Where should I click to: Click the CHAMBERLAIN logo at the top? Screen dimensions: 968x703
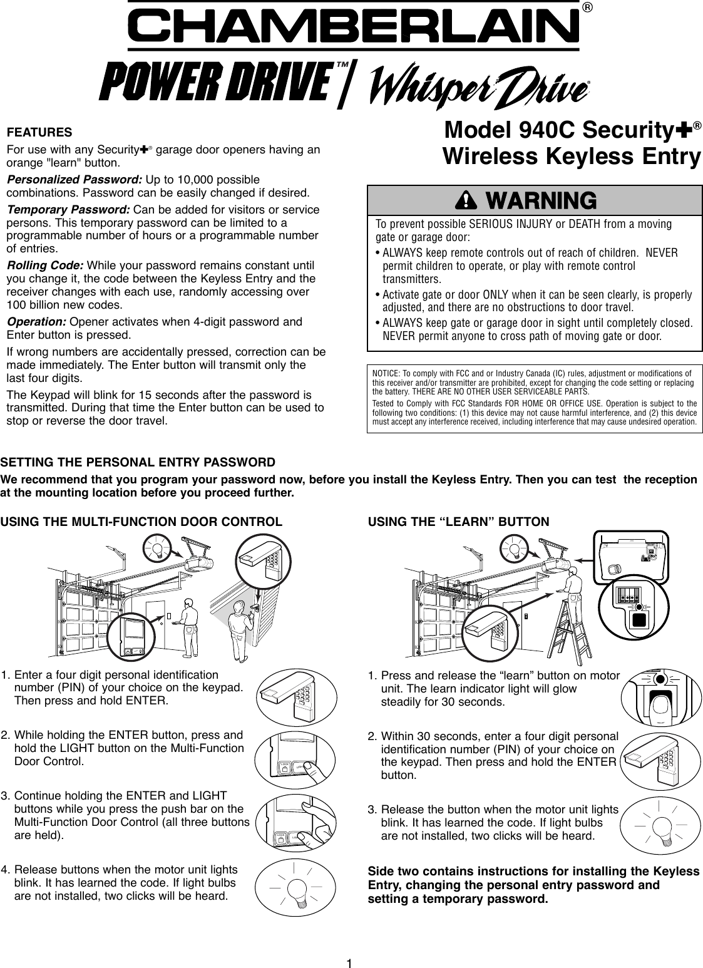coord(354,26)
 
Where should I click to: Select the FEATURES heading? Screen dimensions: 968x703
coord(39,133)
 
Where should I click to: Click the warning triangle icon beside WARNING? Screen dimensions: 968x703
coord(466,200)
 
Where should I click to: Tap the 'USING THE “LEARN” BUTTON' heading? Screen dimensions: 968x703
coord(459,522)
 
